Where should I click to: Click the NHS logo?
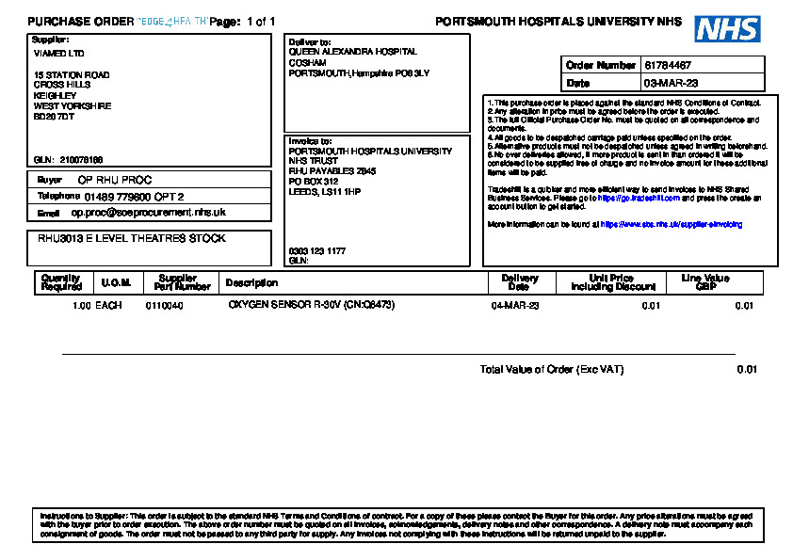(727, 28)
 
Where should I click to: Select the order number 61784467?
(668, 66)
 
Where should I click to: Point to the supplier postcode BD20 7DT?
(54, 117)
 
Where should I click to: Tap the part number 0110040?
(164, 306)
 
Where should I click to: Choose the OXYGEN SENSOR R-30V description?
(311, 306)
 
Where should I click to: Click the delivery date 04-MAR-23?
(514, 306)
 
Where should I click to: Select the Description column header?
(251, 283)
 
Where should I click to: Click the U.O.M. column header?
(116, 283)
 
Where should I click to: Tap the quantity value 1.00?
(81, 306)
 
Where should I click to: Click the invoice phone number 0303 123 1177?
(316, 251)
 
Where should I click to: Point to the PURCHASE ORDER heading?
(81, 21)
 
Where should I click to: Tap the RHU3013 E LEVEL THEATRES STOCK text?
(131, 239)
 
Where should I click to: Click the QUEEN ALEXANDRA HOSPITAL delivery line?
(352, 53)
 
